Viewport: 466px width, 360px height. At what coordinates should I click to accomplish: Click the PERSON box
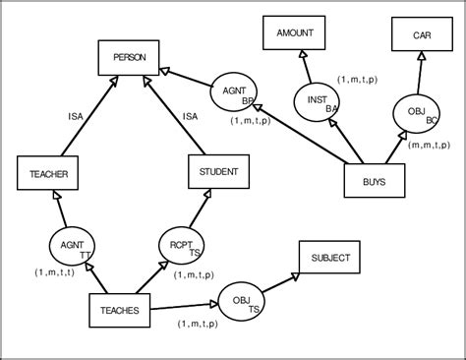point(129,59)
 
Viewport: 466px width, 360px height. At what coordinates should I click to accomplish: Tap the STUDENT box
point(219,171)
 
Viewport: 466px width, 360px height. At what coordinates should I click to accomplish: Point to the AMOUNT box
point(294,33)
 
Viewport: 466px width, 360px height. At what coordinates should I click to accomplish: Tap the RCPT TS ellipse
point(181,246)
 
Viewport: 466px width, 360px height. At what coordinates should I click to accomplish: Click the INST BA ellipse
point(318,102)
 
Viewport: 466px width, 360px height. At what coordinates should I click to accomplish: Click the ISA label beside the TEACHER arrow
point(76,116)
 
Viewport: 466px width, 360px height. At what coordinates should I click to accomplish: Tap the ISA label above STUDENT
point(191,116)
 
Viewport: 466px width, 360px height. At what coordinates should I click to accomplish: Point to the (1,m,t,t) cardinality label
point(55,271)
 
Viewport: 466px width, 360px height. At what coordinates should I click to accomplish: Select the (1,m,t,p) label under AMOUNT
point(360,79)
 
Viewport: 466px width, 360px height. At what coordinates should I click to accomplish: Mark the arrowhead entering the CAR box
point(421,55)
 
